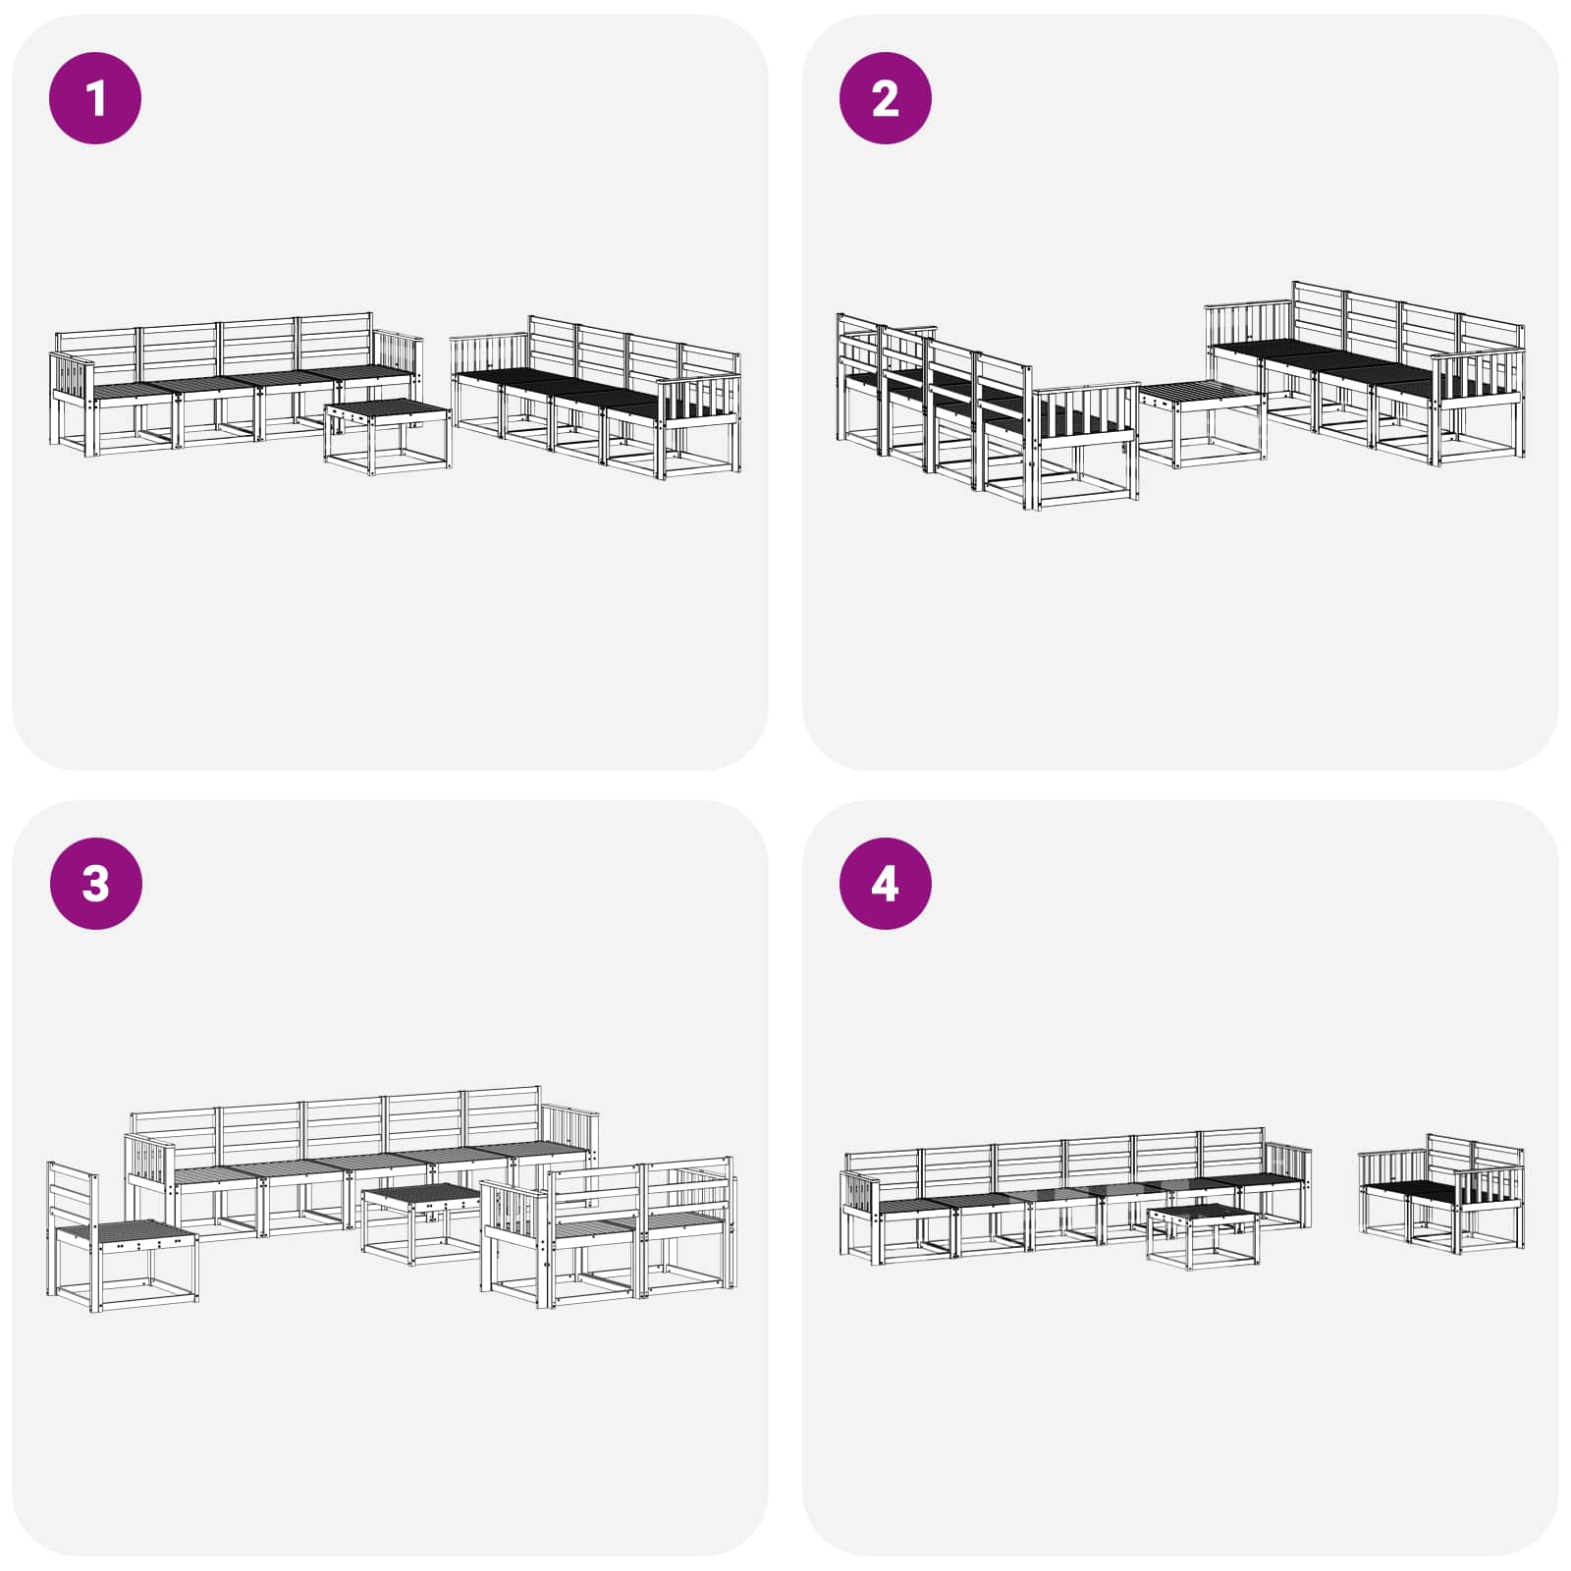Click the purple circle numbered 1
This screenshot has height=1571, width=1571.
pos(95,98)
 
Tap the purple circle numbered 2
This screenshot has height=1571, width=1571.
pos(885,98)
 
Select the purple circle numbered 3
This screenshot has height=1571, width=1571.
pos(95,883)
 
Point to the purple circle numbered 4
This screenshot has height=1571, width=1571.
pos(885,883)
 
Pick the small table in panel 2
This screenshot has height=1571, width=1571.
pos(1201,423)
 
